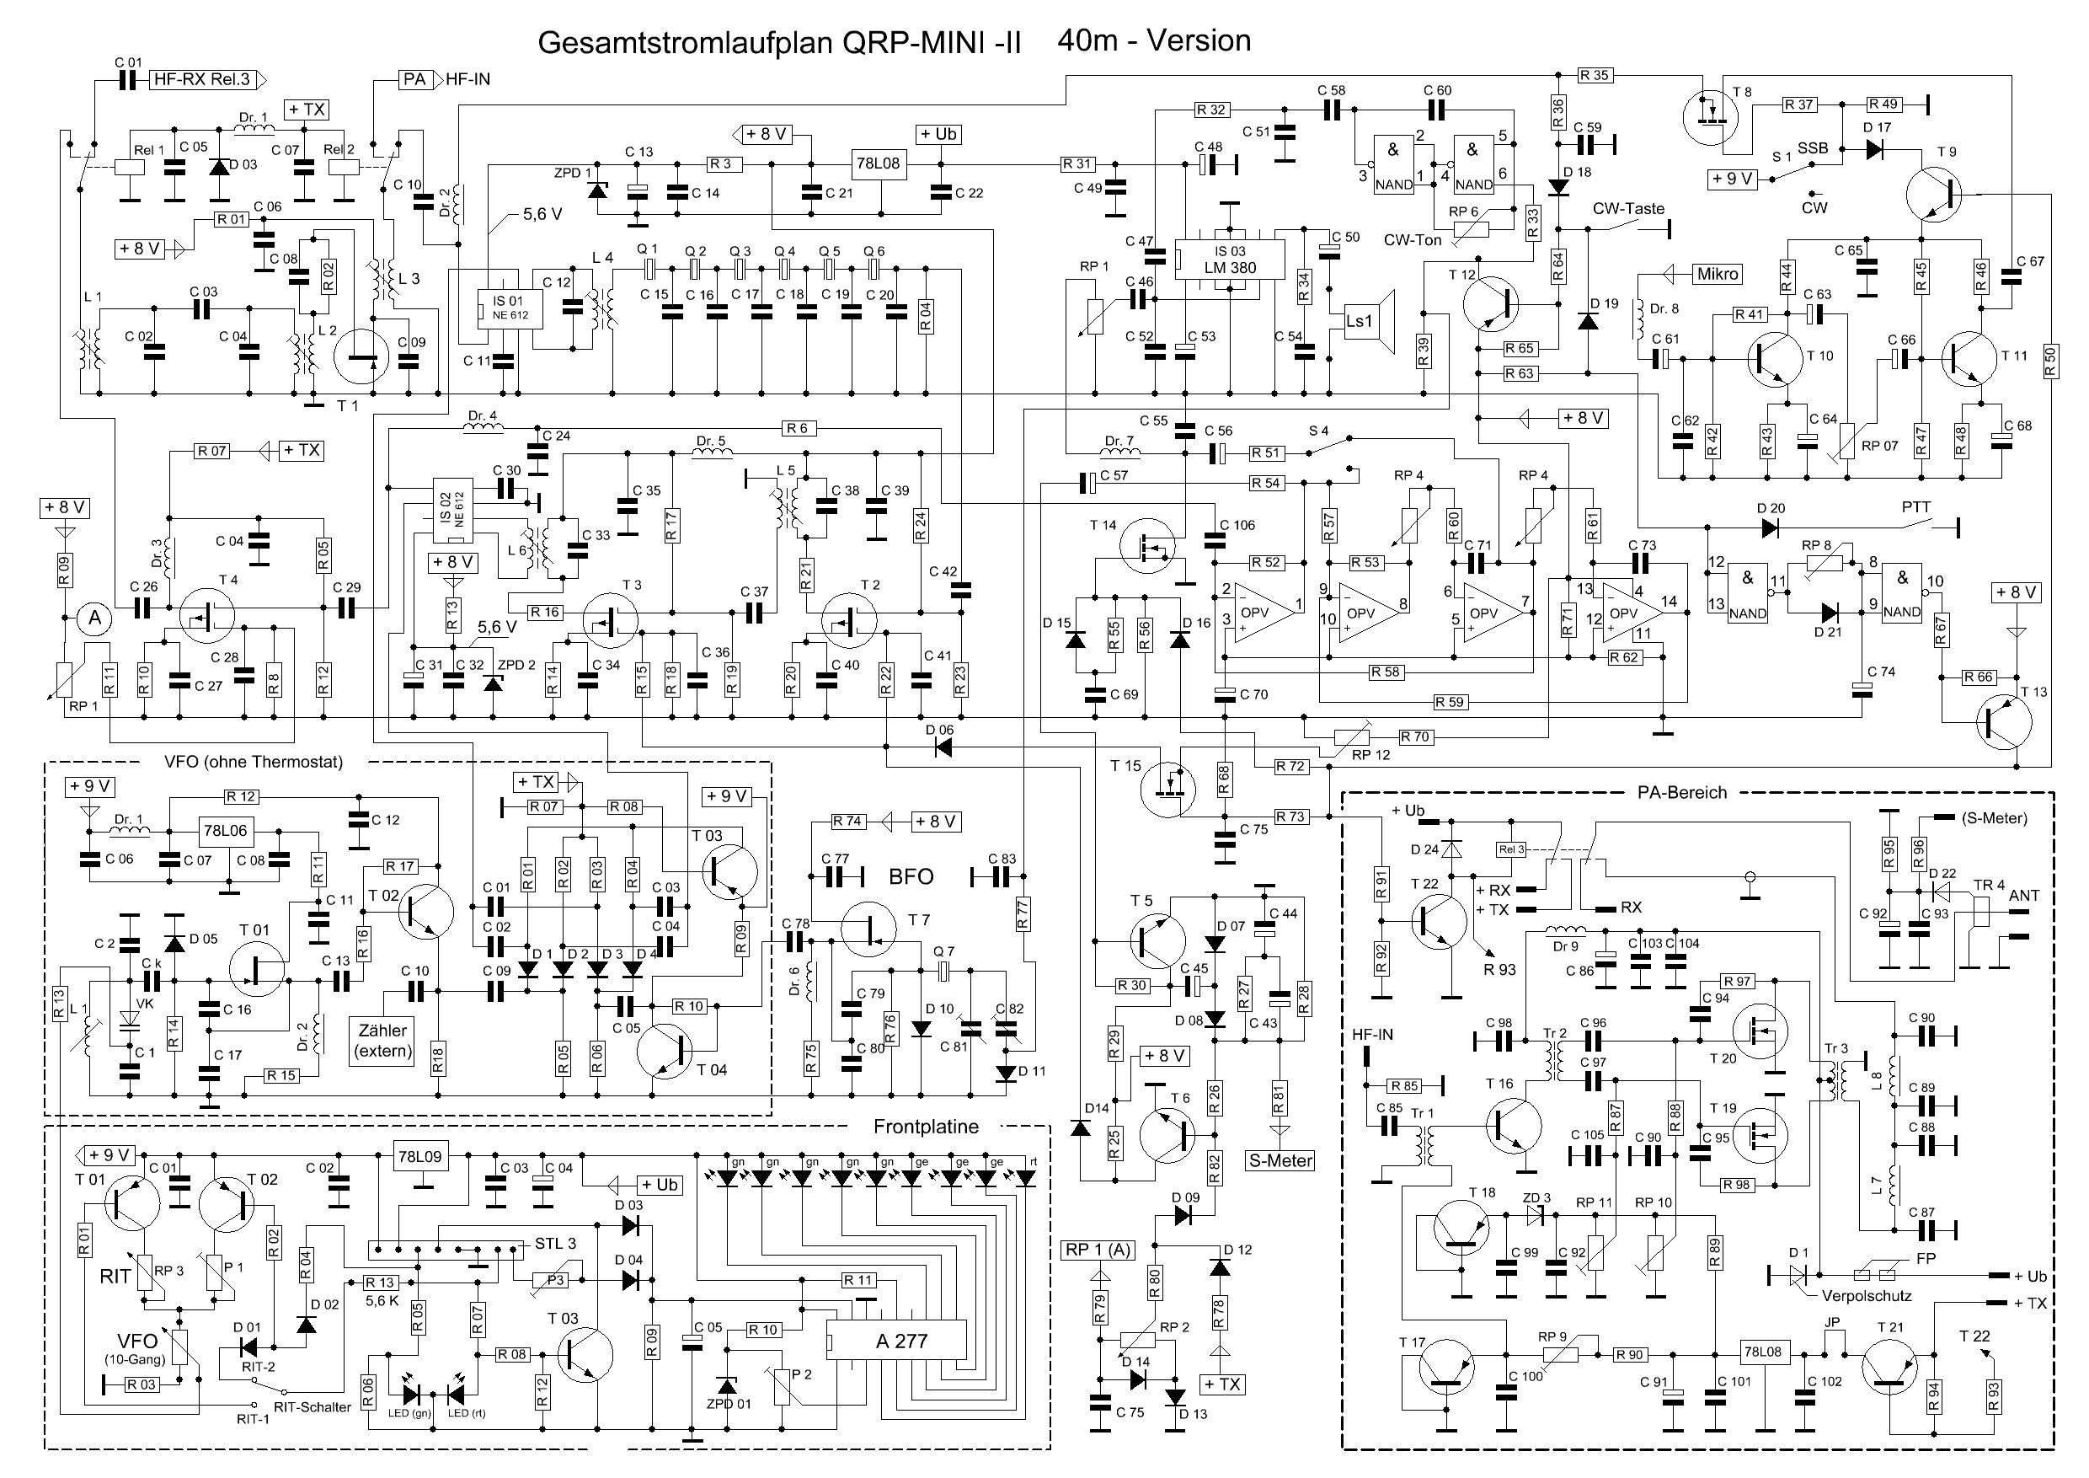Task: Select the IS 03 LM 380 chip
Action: pos(1229,260)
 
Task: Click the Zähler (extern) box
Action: pos(383,1040)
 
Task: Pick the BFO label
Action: pos(911,876)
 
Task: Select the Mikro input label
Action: pos(1718,273)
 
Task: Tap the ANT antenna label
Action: pos(2024,896)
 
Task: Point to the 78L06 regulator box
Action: pos(225,831)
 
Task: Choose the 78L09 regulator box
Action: pos(420,1158)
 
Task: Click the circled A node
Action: pos(92,619)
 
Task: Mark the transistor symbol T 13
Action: pos(2002,721)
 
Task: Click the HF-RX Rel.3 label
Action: pos(201,79)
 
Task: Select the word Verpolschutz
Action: pos(1866,1296)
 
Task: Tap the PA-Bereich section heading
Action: pos(1681,793)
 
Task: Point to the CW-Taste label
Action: pos(1628,208)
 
